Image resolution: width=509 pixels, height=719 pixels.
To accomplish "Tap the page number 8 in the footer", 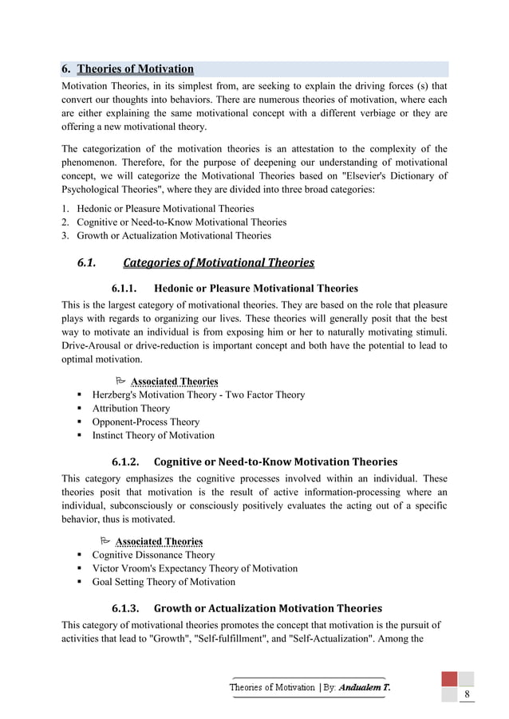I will point(467,695).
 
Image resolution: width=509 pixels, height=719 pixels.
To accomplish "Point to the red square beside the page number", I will point(450,679).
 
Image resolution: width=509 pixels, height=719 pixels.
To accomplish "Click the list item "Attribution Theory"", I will point(131,408).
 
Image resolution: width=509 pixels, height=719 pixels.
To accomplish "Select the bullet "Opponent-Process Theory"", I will point(146,422).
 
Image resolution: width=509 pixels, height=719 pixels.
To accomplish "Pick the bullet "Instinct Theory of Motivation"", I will point(153,435).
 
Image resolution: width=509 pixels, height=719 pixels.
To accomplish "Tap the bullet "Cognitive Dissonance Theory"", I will point(153,555).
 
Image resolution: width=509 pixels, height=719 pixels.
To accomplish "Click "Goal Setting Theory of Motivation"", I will point(164,582).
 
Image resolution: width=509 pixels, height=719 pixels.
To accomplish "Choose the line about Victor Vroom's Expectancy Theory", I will point(195,568).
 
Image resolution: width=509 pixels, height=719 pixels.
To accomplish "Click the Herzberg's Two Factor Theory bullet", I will point(198,395).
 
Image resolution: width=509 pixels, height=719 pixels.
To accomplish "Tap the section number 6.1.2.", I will point(126,462).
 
